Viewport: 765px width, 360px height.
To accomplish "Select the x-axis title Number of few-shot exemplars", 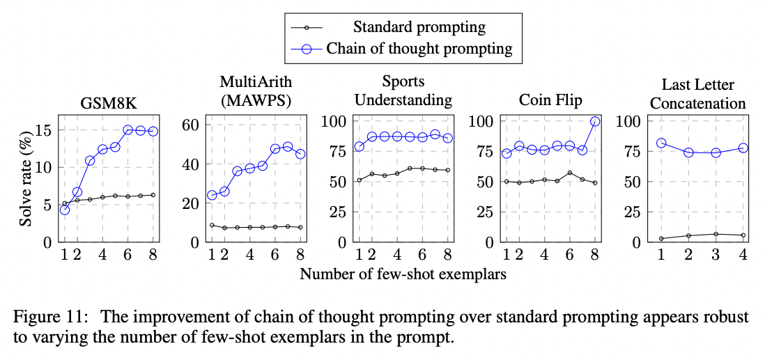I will coord(403,274).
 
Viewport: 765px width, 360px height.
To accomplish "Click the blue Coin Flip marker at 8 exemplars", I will coord(595,121).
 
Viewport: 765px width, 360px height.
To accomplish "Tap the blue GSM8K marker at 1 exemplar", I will coord(65,210).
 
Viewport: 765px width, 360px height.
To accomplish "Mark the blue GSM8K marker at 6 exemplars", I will coord(128,130).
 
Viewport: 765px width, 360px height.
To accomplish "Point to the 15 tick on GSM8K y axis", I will coord(45,130).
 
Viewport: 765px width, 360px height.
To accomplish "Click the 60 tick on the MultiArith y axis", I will coord(190,125).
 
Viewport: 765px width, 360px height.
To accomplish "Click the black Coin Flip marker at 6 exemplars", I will coord(570,173).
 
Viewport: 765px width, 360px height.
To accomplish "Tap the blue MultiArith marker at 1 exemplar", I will coord(212,195).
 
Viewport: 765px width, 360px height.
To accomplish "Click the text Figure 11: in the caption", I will coord(52,317).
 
